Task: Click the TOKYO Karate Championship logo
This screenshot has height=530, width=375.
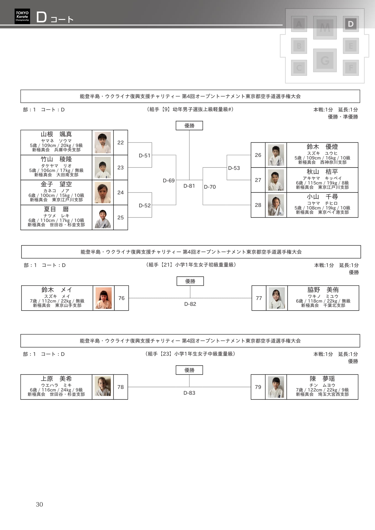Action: [x=22, y=16]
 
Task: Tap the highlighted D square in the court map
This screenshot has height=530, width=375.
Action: [x=351, y=24]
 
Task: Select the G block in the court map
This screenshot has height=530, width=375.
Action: [x=325, y=60]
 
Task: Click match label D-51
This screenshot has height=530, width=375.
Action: [x=144, y=156]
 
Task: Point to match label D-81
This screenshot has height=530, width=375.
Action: [x=189, y=186]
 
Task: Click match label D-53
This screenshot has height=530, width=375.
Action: [x=234, y=168]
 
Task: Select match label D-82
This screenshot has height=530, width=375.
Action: [x=190, y=304]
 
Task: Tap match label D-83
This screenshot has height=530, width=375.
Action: [x=189, y=393]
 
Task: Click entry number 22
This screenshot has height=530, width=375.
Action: [x=120, y=143]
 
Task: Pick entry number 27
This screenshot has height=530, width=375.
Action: [x=258, y=180]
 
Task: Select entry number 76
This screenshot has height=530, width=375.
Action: [x=121, y=298]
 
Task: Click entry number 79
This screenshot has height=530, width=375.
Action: [x=258, y=387]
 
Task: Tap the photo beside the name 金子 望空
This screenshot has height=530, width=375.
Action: [x=103, y=192]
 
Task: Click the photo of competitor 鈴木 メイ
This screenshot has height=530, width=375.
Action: [x=104, y=298]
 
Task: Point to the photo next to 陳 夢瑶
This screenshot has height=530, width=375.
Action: [x=276, y=387]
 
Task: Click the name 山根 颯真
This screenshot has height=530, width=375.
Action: [x=56, y=134]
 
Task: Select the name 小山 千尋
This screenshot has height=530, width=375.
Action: [x=322, y=197]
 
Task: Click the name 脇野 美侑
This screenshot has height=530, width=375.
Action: [x=323, y=290]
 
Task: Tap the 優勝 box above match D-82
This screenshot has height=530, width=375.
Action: [x=190, y=281]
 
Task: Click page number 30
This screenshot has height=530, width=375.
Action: [x=39, y=505]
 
